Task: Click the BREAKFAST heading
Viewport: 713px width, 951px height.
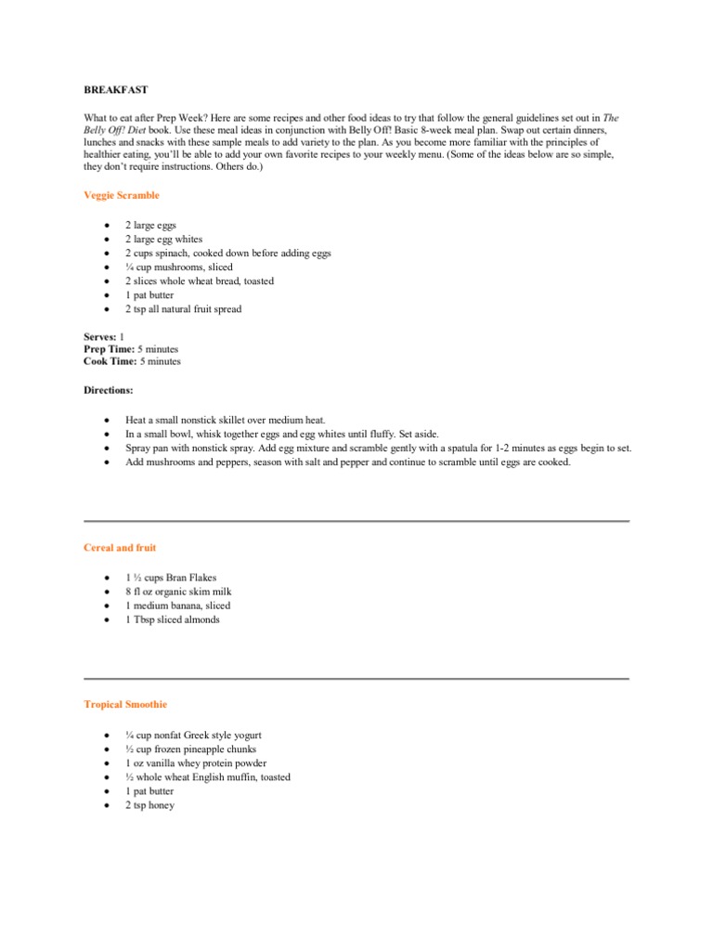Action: coord(115,90)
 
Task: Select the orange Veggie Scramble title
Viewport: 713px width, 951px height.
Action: coord(122,196)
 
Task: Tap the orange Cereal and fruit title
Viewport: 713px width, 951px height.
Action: coord(121,548)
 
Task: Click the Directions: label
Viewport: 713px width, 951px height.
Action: coord(108,391)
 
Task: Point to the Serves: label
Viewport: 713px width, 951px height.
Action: coord(99,335)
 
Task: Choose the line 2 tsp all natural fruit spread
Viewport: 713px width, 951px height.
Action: coord(183,309)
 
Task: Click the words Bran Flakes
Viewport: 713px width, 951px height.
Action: coord(190,578)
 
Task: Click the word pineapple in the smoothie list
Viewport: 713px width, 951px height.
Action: coord(210,749)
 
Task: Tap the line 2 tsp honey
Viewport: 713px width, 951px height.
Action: coord(149,805)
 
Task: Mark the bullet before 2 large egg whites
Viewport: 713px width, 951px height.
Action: coord(108,240)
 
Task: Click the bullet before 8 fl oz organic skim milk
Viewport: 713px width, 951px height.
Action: coord(108,592)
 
